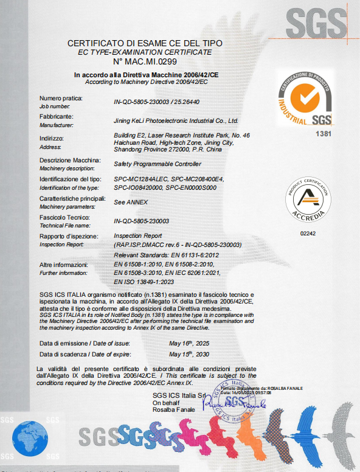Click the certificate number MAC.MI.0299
145,62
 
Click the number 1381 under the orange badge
325,133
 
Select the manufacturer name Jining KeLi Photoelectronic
176,121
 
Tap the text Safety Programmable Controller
157,164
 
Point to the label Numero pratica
61,98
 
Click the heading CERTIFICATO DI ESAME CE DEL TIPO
145,44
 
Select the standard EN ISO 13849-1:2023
153,282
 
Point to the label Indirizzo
52,138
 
